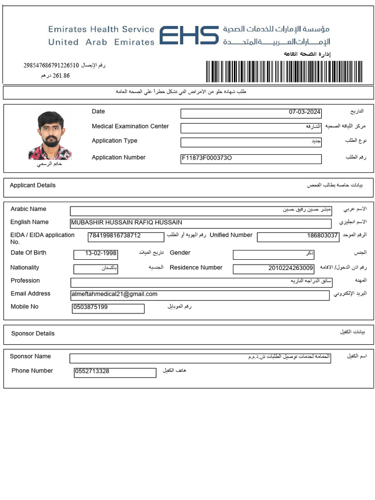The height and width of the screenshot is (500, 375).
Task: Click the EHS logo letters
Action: pos(188,36)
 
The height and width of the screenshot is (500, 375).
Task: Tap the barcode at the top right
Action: pos(285,72)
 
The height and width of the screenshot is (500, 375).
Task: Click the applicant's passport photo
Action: pos(50,136)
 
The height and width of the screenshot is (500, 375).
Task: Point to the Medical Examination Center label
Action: pos(130,126)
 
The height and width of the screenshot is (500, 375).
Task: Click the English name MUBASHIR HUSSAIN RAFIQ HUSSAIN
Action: pos(127,223)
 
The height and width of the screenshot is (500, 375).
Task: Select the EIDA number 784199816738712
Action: pos(115,236)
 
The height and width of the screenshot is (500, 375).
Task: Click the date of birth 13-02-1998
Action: pos(101,254)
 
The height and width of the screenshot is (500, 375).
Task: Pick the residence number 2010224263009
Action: pos(291,268)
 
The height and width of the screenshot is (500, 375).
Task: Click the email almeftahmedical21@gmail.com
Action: pos(115,294)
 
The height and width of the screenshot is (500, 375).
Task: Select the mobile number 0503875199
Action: pos(90,308)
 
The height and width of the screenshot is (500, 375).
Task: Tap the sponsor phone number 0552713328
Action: pos(92,372)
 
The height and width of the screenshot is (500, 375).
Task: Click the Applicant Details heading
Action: pos(33,186)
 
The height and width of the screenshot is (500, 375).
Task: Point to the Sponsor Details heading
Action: pos(33,333)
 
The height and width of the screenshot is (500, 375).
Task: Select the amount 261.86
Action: pos(61,76)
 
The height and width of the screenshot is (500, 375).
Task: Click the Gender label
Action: pos(180,253)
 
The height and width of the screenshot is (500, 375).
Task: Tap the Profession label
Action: pos(25,281)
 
